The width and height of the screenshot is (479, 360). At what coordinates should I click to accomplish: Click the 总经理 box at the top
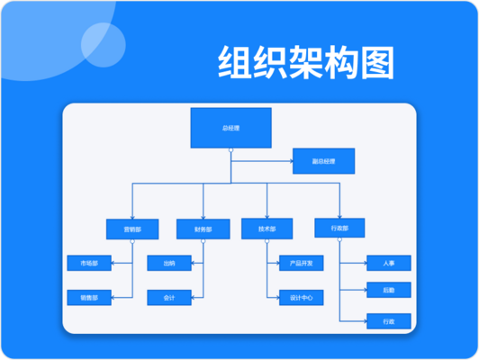pyautogui.click(x=230, y=128)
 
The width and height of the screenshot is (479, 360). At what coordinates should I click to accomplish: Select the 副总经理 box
pyautogui.click(x=323, y=161)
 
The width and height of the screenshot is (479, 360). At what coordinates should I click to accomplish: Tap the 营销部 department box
pyautogui.click(x=131, y=229)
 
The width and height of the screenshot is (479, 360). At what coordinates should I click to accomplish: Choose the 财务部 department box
pyautogui.click(x=203, y=229)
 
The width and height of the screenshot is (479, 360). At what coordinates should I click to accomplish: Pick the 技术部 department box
pyautogui.click(x=267, y=229)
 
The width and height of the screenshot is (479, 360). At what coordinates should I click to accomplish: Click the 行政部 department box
pyautogui.click(x=339, y=229)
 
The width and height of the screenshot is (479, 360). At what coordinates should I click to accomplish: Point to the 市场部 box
pyautogui.click(x=89, y=263)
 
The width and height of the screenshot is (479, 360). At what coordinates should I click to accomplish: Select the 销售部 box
pyautogui.click(x=89, y=296)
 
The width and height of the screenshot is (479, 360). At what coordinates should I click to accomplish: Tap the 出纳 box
pyautogui.click(x=169, y=263)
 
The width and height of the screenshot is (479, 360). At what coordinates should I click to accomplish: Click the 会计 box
pyautogui.click(x=169, y=296)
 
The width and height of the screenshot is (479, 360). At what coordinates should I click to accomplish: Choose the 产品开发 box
pyautogui.click(x=300, y=263)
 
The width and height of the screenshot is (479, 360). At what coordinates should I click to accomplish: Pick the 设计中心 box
pyautogui.click(x=300, y=296)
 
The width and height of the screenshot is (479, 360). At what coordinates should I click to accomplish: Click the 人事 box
pyautogui.click(x=389, y=263)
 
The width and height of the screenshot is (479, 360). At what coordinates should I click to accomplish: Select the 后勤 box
pyautogui.click(x=389, y=289)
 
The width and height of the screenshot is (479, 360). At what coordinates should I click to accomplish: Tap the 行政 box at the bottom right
pyautogui.click(x=389, y=320)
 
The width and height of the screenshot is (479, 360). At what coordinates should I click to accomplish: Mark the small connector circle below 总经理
pyautogui.click(x=230, y=151)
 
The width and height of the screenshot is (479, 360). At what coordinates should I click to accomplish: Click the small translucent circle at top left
pyautogui.click(x=103, y=41)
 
